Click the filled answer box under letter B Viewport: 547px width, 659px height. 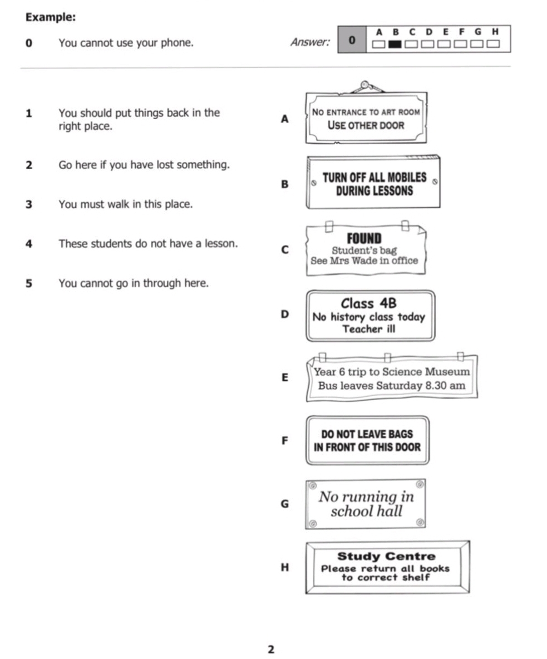pos(395,44)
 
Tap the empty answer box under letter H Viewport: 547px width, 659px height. pos(493,44)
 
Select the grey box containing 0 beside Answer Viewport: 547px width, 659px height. pos(352,40)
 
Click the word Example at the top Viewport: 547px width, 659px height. pos(51,17)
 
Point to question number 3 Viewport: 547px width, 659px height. pos(28,204)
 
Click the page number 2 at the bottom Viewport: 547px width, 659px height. pos(271,650)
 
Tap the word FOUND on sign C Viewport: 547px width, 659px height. pos(364,238)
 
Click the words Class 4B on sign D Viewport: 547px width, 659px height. pos(368,303)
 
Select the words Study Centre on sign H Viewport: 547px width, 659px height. pos(387,556)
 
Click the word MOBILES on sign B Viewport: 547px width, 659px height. pos(404,178)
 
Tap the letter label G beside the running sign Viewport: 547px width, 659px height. pos(285,504)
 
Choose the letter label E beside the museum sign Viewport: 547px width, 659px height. pos(285,377)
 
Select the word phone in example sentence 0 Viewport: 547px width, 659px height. pos(178,43)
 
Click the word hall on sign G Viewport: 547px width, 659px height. pos(389,511)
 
